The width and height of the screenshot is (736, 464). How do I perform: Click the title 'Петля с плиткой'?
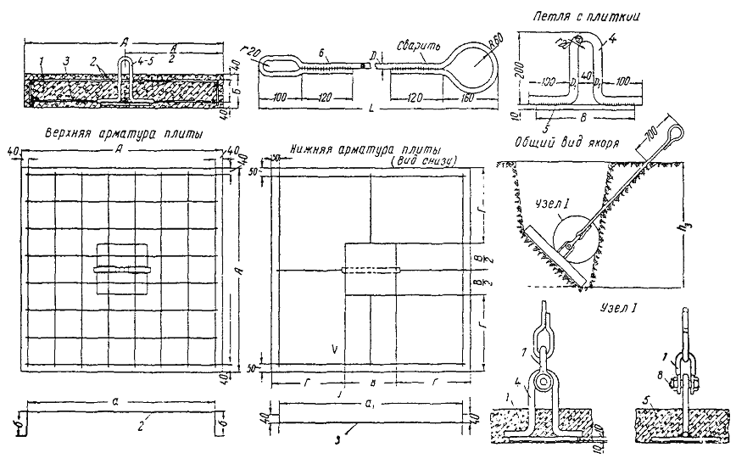pos(585,14)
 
